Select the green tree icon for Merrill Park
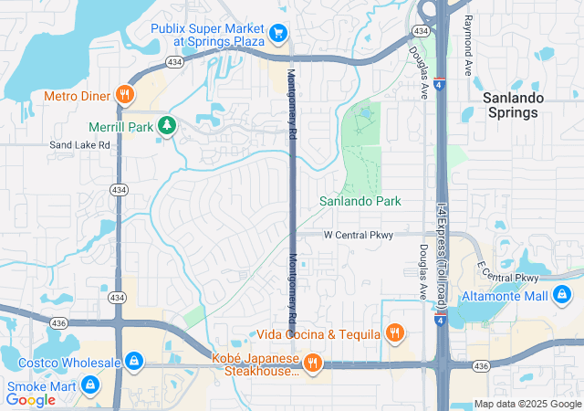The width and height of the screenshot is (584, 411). tap(166, 126)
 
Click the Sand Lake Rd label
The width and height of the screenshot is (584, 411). tap(79, 144)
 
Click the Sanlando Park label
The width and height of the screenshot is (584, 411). tap(360, 201)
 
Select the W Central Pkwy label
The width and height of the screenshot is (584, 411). tap(359, 235)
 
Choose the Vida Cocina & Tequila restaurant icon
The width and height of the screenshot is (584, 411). tap(394, 333)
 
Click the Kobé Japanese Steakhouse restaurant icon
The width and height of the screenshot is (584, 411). tap(313, 364)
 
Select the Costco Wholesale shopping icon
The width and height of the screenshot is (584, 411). tap(134, 363)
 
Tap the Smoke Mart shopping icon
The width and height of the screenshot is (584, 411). tap(89, 385)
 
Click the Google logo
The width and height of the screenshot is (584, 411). tap(30, 399)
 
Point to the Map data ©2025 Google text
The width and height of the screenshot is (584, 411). tap(527, 404)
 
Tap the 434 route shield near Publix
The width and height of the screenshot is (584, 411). tap(173, 61)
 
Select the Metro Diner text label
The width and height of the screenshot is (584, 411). tap(76, 95)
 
